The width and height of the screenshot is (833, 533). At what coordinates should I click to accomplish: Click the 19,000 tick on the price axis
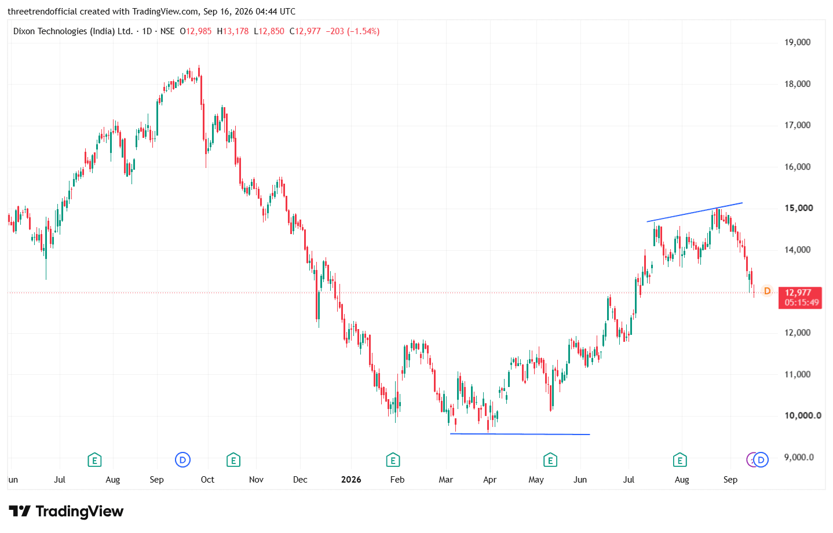(x=797, y=42)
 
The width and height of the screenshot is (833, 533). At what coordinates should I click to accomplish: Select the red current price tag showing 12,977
(x=800, y=298)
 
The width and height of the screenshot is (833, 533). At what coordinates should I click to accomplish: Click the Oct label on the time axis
(x=207, y=480)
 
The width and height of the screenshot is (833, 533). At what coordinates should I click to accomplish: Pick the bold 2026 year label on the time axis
(x=351, y=480)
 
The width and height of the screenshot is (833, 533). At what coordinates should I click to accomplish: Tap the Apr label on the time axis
(x=489, y=480)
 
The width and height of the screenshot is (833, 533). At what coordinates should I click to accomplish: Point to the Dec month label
(x=300, y=480)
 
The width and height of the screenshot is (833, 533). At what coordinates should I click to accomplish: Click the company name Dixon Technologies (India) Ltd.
(x=73, y=31)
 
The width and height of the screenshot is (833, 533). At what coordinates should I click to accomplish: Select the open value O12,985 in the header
(x=196, y=31)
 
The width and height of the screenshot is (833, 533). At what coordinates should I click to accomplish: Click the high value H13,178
(x=233, y=31)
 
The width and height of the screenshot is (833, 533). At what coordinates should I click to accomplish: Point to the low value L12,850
(x=269, y=31)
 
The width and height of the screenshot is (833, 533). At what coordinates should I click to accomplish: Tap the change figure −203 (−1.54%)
(x=353, y=31)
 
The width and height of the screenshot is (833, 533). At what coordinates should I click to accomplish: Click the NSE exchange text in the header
(x=167, y=31)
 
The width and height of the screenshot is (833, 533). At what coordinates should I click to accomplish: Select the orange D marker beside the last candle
(x=767, y=291)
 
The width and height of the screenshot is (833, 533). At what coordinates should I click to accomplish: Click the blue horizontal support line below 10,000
(x=520, y=434)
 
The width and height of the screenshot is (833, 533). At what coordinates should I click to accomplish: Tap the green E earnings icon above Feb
(x=393, y=460)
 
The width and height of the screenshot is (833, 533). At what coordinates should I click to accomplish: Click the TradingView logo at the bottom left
(x=66, y=512)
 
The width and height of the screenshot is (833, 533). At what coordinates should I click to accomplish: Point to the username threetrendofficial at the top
(x=43, y=12)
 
